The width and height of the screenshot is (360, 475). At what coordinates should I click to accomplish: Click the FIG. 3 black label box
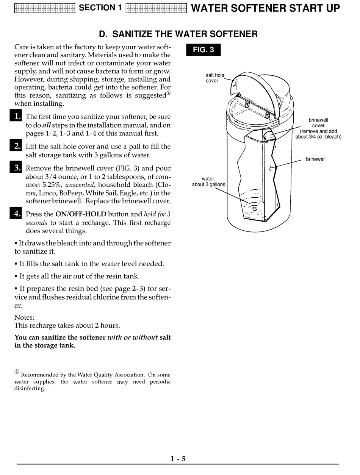[x=203, y=50]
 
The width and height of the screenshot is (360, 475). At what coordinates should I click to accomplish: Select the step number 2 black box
[x=16, y=145]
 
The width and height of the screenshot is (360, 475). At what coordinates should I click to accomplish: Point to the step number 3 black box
[x=16, y=167]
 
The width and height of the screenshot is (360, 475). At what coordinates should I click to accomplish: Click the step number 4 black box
[x=16, y=213]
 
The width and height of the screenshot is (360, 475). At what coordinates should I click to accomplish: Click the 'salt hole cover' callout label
[x=215, y=78]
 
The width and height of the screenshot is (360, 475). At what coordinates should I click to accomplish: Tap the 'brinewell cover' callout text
[x=318, y=123]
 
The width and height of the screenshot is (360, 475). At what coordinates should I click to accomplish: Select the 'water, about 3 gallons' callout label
[x=208, y=182]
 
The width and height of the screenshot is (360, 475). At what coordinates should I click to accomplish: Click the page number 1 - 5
[x=178, y=459]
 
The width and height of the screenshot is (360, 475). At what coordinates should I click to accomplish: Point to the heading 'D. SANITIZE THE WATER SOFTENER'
[x=178, y=34]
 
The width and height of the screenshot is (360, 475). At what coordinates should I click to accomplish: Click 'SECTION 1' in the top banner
[x=100, y=8]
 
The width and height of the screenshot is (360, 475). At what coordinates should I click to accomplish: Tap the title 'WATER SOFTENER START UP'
[x=265, y=8]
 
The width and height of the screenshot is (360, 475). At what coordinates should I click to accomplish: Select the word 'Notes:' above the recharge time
[x=24, y=317]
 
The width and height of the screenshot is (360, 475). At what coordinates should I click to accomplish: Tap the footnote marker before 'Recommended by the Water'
[x=17, y=372]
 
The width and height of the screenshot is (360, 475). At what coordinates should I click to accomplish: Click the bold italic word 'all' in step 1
[x=46, y=125]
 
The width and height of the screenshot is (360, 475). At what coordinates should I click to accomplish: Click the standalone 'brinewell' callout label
[x=316, y=159]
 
